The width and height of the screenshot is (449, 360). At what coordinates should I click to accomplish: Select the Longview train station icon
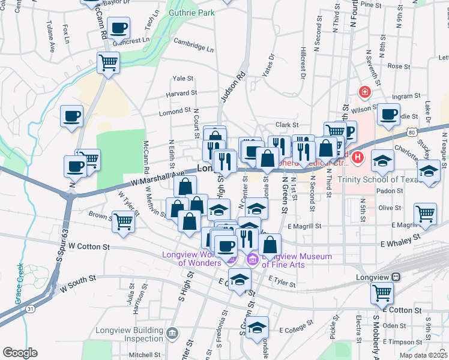[x=396, y=277]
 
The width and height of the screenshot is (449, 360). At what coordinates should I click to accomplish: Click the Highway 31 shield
[x=29, y=308]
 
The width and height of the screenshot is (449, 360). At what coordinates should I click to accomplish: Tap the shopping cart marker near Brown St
[x=124, y=221]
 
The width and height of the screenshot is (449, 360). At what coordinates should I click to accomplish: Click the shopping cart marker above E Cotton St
[x=382, y=293]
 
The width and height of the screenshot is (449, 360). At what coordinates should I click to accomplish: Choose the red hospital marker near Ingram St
[x=364, y=92]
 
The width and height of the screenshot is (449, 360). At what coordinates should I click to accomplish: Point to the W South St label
[x=78, y=283]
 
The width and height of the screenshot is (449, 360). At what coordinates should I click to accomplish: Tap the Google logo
[x=20, y=353]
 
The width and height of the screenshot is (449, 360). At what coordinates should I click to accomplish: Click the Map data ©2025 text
[x=423, y=355]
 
